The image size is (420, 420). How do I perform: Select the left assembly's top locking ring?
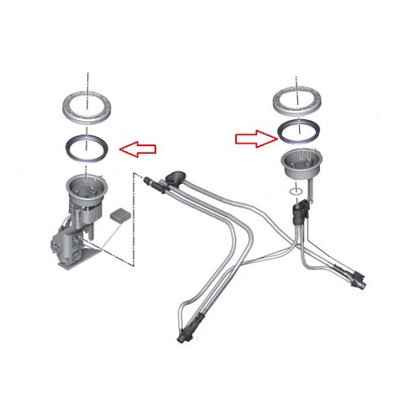coord(87,108)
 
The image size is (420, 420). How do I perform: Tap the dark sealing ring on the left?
coord(87,145)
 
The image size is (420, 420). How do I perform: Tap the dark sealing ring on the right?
coord(299,130)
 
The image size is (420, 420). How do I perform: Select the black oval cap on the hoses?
coord(176,176)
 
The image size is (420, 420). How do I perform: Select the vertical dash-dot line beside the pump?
coord(132,218)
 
